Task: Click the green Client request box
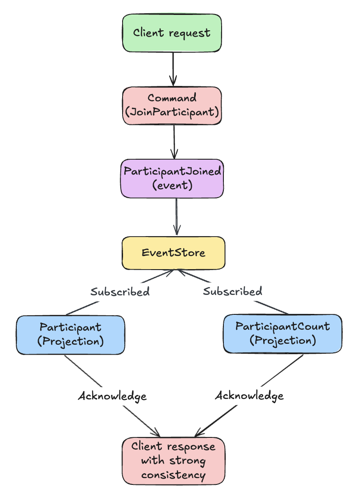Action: coord(172,33)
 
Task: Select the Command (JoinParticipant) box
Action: coord(172,105)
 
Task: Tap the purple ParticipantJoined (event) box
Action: coord(172,178)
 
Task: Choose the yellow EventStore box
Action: coord(173,253)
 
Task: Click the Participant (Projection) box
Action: coord(70,334)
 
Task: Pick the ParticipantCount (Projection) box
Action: coord(282,333)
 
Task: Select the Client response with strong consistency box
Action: coord(173,460)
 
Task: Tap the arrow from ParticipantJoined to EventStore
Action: coord(176,216)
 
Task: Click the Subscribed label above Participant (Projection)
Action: coord(120,292)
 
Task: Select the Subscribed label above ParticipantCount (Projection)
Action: coord(232,292)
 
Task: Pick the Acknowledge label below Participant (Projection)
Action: coord(112,396)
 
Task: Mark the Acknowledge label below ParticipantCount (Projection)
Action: coord(249,396)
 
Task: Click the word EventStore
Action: coord(173,253)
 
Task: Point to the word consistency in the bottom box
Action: coord(173,475)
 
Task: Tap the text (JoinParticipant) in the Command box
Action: coord(172,112)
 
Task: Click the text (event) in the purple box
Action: coord(172,185)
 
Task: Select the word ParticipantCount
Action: coord(282,327)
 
